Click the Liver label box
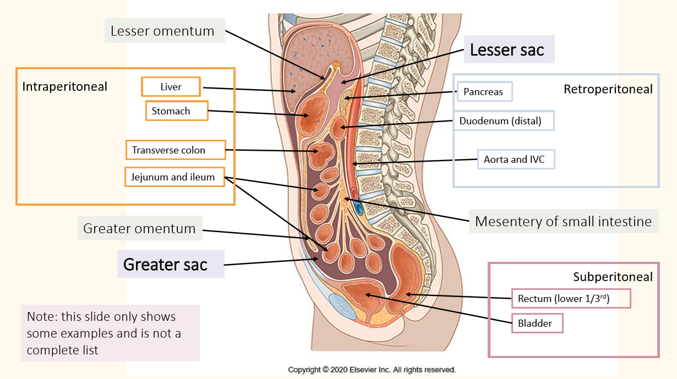[x=171, y=87]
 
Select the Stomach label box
[x=177, y=111]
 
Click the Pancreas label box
[x=484, y=92]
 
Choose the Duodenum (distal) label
[x=503, y=121]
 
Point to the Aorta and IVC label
[x=516, y=160]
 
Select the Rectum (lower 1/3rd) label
[x=571, y=299]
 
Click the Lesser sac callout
[x=507, y=50]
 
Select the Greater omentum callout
[x=140, y=228]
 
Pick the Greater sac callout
[x=166, y=265]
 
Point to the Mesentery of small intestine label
[x=563, y=222]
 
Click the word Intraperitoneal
[x=65, y=86]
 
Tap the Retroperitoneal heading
[x=608, y=89]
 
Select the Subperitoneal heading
[x=613, y=277]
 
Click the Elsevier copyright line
[x=372, y=370]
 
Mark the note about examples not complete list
[x=110, y=333]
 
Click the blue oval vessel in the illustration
[x=359, y=208]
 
